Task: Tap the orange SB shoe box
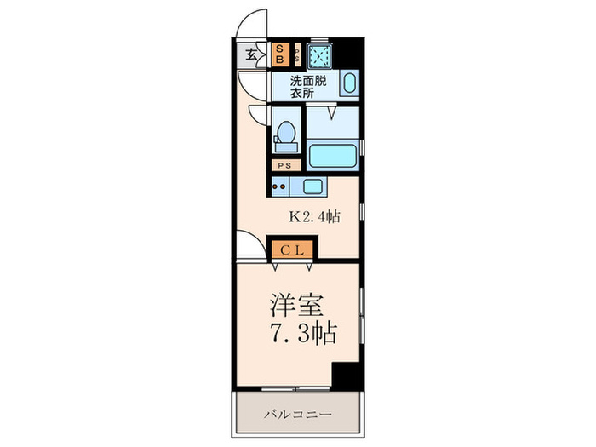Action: (280, 54)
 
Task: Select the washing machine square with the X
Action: (320, 55)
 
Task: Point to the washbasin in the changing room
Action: (349, 85)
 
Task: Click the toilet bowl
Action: (286, 135)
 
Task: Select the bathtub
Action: (333, 157)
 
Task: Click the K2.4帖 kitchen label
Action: (315, 217)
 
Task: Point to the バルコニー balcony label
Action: (297, 415)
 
